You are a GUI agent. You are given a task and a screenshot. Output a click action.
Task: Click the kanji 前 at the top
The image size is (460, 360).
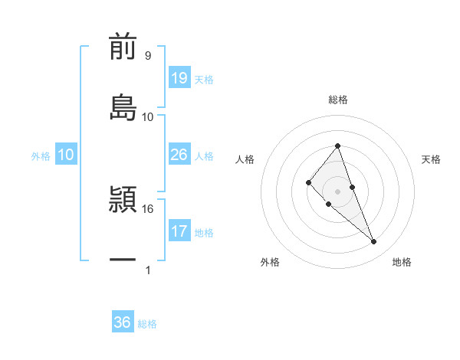(123, 48)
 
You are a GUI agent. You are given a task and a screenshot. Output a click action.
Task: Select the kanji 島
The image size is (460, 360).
(123, 107)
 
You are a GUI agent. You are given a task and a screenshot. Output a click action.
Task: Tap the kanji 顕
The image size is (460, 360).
(123, 200)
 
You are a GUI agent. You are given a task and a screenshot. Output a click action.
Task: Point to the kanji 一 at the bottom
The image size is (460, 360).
(123, 260)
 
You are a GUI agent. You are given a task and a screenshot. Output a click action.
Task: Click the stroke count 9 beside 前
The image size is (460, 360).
(147, 56)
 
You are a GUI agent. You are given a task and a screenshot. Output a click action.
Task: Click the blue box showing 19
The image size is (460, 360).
(179, 78)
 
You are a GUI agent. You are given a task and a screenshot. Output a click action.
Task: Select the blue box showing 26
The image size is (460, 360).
(179, 155)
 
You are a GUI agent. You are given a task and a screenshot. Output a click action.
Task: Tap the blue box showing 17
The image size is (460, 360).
(179, 231)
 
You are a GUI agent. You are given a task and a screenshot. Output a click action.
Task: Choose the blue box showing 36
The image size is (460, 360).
(123, 322)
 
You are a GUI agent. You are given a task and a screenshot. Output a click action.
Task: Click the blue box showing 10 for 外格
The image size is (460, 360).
(66, 155)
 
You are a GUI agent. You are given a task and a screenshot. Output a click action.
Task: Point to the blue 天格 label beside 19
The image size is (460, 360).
(204, 80)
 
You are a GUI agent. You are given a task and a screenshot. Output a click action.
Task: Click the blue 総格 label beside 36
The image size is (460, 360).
(147, 324)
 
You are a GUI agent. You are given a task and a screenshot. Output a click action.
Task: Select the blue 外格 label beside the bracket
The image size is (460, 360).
(41, 156)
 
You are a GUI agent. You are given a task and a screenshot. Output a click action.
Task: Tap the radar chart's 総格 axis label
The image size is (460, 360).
(337, 100)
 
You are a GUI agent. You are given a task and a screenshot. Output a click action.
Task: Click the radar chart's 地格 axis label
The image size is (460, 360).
(402, 262)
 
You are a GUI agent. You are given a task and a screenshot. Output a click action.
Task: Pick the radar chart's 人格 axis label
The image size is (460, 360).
(245, 159)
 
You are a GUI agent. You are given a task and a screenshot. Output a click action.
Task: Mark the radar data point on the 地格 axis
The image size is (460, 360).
(374, 242)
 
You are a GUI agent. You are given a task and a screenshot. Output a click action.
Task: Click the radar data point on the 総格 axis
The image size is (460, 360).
(337, 146)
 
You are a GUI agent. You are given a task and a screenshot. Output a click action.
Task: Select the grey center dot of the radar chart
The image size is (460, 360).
(337, 191)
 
